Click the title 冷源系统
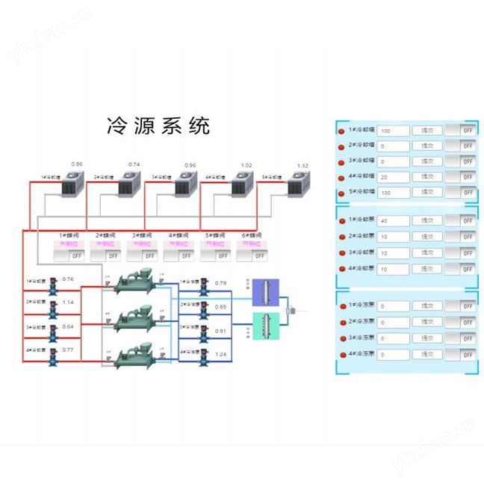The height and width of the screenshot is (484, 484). coord(159,125)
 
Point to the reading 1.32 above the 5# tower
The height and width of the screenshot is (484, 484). coord(302,166)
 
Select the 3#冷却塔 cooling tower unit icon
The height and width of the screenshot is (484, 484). coord(184,184)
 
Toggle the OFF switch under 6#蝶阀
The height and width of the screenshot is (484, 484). coord(252,255)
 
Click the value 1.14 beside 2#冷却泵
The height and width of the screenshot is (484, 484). coord(68,302)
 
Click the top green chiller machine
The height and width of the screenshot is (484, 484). coord(134,283)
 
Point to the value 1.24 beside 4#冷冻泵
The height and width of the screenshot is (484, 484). coord(220,353)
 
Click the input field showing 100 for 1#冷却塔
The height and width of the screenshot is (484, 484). coord(393,130)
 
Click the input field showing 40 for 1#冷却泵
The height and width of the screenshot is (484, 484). coord(393,221)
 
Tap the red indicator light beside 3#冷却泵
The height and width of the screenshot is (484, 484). coord(343,253)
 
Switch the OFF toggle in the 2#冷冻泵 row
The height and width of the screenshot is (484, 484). coord(461,323)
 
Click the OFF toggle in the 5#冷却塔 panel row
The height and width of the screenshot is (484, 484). coord(461,193)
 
